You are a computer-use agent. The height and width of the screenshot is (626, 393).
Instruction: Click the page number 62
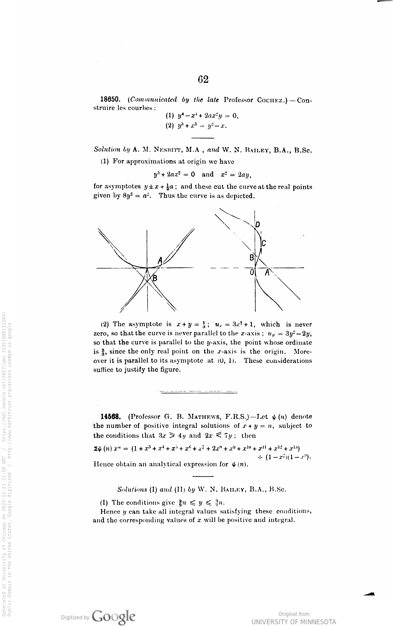pyautogui.click(x=203, y=79)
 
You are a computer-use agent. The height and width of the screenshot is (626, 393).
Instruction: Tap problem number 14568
pyautogui.click(x=111, y=417)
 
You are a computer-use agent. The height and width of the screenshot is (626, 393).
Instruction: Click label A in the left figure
pyautogui.click(x=160, y=260)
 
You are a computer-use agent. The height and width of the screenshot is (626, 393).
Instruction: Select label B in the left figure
pyautogui.click(x=155, y=278)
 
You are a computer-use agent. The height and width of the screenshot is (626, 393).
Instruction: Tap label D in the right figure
pyautogui.click(x=257, y=224)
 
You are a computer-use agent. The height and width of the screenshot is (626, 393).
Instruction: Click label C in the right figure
pyautogui.click(x=264, y=243)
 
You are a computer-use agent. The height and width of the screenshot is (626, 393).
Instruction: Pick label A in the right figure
pyautogui.click(x=267, y=273)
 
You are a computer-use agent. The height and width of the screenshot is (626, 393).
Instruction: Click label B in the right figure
pyautogui.click(x=251, y=258)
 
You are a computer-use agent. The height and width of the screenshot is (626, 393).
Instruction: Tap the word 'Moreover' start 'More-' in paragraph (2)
pyautogui.click(x=303, y=352)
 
